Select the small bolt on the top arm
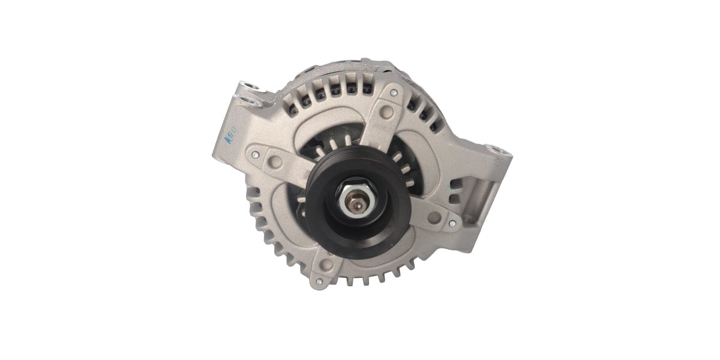click(x=394, y=94)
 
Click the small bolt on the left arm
click(x=256, y=154)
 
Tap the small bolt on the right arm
click(x=452, y=223)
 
